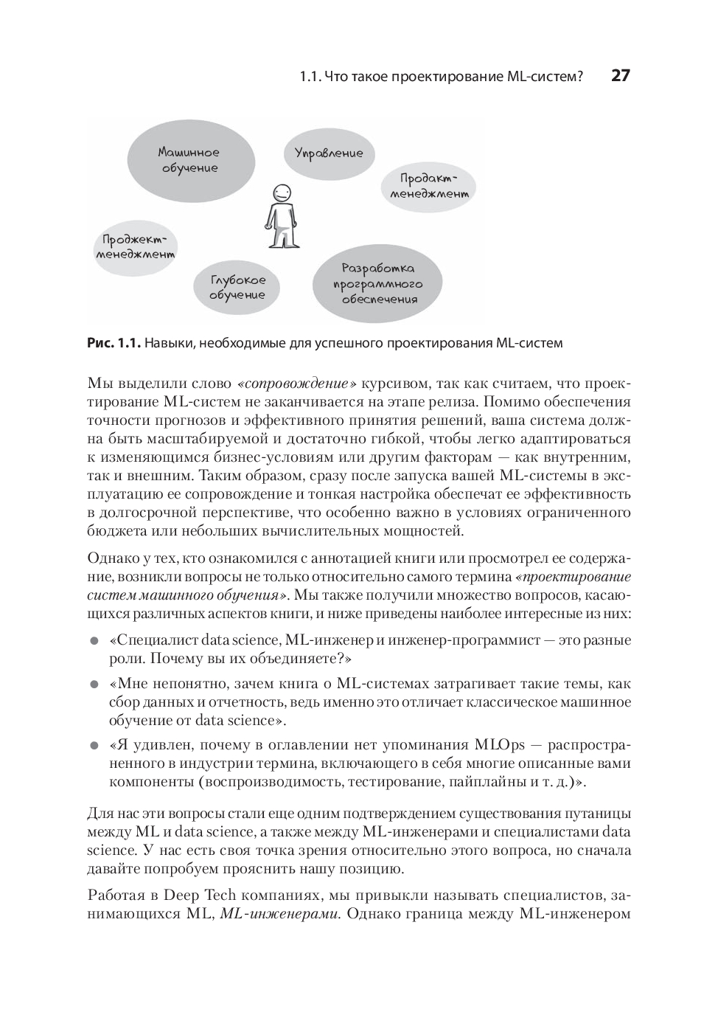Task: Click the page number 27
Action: click(621, 76)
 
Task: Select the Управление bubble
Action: click(329, 153)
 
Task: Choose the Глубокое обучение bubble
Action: click(237, 288)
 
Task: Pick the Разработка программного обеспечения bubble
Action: click(377, 284)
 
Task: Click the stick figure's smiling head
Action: click(281, 193)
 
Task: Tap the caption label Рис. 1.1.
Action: click(114, 343)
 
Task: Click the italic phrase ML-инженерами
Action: click(280, 915)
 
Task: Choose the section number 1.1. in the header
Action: click(310, 77)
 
